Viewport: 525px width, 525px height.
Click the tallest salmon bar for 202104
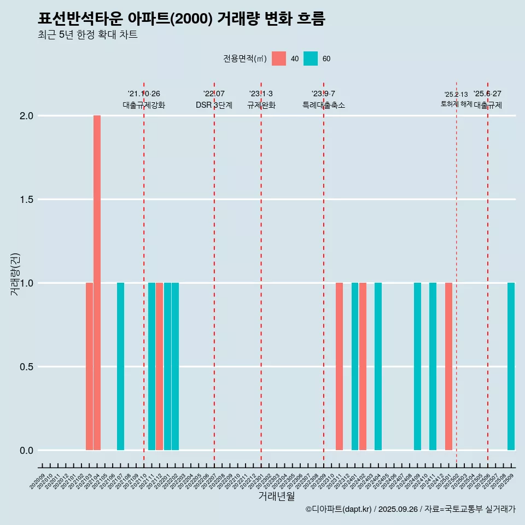coord(97,283)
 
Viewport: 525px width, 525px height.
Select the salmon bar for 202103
coord(89,366)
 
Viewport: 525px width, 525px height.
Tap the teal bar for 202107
coord(120,366)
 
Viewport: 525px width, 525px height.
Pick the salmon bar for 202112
coord(159,366)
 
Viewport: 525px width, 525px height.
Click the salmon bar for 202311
coord(339,366)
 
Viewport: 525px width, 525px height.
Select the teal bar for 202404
coord(378,366)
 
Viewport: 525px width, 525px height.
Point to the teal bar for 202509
coord(511,366)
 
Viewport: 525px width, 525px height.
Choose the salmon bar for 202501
coord(448,366)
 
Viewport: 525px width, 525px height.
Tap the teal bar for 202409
coord(417,366)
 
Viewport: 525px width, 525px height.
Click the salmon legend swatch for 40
coord(279,59)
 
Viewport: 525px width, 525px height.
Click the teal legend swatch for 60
coord(311,59)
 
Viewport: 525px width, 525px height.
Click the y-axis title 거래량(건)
coord(15,275)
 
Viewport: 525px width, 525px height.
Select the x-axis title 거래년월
coord(276,497)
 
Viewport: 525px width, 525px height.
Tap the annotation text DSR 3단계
coord(214,105)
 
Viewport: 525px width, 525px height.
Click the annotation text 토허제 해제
coord(456,104)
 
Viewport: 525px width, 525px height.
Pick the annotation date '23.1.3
coord(261,94)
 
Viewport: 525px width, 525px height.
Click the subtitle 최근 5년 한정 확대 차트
coord(87,35)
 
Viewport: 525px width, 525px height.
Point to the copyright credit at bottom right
coord(410,510)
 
